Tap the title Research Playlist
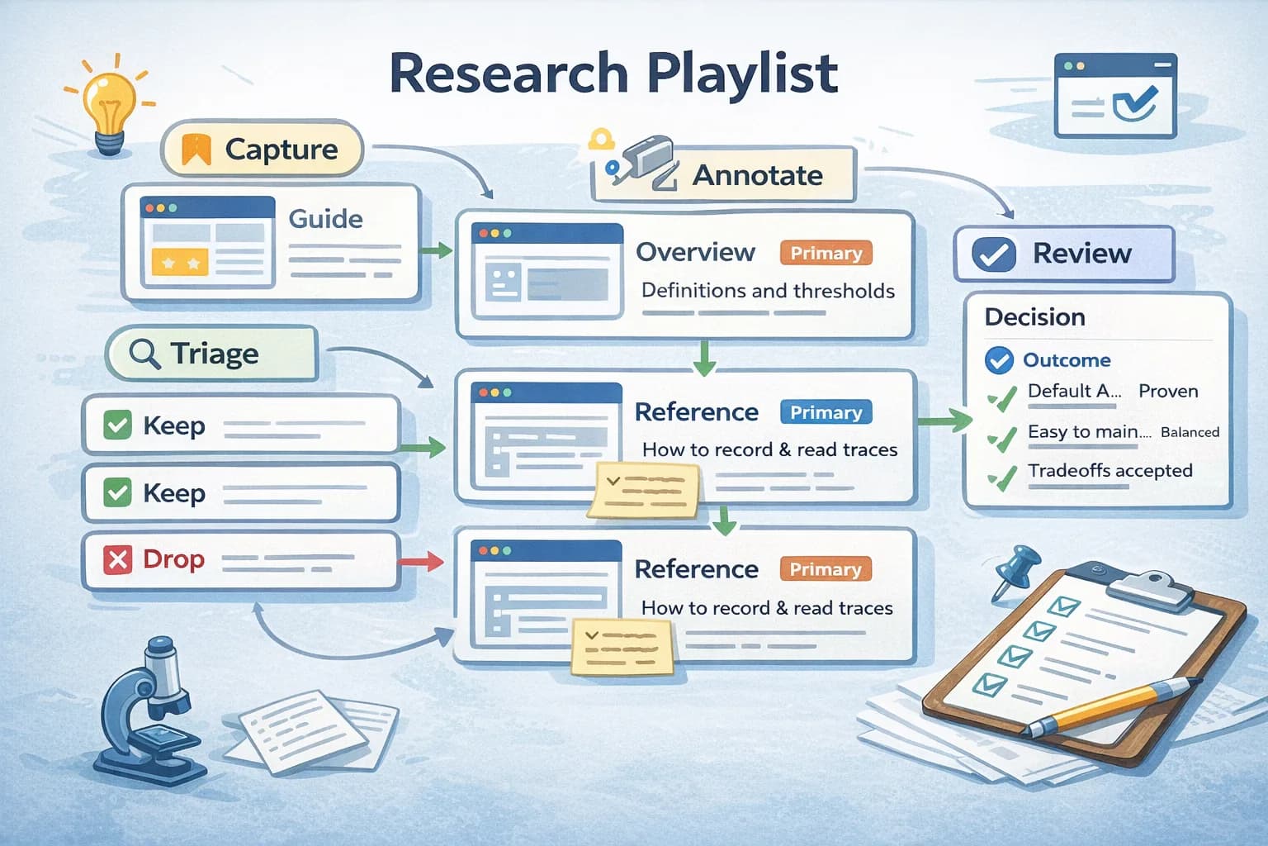[613, 74]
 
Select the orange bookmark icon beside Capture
[196, 150]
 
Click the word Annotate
[757, 175]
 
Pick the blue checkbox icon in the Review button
[994, 254]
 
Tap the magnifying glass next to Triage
[144, 354]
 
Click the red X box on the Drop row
[117, 560]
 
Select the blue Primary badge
[825, 412]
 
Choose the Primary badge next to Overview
[825, 253]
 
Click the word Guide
[325, 219]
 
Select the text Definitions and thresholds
[768, 291]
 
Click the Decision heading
[1034, 317]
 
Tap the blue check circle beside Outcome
[999, 360]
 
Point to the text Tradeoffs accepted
[1109, 470]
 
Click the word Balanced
[1189, 432]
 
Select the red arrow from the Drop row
[421, 562]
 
